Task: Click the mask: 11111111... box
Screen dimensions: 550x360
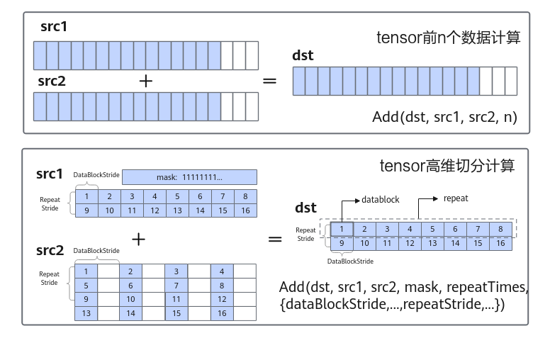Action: tap(189, 177)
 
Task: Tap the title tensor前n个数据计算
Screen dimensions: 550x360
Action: tap(448, 38)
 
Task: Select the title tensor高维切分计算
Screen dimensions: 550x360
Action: tap(447, 166)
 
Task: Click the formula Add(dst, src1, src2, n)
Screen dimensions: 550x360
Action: tap(445, 117)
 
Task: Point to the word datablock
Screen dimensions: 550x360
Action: tap(380, 200)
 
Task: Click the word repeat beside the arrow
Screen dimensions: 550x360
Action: tap(456, 198)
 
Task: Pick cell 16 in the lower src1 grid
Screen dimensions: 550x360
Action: tap(245, 210)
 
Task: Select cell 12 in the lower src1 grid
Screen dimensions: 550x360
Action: tap(155, 210)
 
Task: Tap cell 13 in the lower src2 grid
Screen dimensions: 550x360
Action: tap(86, 313)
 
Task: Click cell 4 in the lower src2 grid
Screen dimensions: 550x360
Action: tap(222, 271)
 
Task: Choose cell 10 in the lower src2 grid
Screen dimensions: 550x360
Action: tap(131, 299)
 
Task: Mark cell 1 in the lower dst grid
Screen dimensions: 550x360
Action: tap(342, 229)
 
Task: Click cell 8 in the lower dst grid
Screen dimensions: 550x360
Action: tap(500, 229)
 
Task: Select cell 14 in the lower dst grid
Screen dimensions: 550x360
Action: tap(455, 243)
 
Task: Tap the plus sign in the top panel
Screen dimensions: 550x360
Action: tap(146, 81)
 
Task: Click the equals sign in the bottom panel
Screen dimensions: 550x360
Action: tap(275, 240)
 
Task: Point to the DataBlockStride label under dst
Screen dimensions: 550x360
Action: tap(350, 261)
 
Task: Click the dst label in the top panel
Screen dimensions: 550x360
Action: tap(303, 55)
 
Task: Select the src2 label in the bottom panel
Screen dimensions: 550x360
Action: tap(50, 251)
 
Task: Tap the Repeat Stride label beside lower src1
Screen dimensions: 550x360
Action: tap(50, 204)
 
